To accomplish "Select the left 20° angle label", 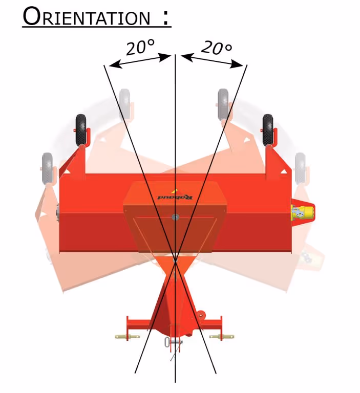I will coord(140,47).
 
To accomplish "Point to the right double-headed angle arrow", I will coord(212,60).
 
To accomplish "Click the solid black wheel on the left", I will coord(81,130).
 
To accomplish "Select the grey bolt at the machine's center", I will coord(176,217).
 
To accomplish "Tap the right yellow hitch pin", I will coord(222,336).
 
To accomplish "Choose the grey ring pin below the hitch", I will coord(168,342).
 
